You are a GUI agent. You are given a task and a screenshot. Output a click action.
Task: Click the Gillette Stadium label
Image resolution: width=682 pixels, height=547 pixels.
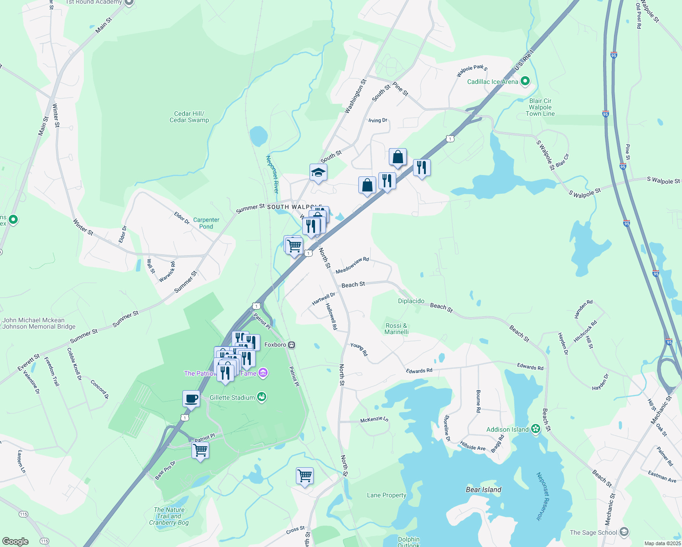[x=232, y=397]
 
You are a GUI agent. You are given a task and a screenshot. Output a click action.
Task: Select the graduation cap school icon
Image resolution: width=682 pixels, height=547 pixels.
[x=318, y=173]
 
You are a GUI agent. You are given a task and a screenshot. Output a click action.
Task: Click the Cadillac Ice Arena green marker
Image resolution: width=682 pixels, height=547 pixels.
[x=525, y=82]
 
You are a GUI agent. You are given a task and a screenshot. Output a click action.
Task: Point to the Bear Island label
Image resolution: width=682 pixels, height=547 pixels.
[x=483, y=490]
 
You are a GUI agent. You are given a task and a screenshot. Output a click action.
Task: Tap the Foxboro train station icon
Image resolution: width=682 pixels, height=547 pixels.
[x=291, y=345]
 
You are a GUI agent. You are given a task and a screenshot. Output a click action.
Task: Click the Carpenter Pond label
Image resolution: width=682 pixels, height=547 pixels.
[x=206, y=223]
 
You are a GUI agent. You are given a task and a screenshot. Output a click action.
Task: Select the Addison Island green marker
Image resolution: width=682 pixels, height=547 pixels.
[x=536, y=429]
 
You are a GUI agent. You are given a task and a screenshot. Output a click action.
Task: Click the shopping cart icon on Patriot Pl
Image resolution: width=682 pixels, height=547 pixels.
[x=201, y=450]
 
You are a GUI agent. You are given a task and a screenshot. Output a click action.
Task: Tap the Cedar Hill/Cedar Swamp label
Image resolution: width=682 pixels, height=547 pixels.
[x=189, y=117]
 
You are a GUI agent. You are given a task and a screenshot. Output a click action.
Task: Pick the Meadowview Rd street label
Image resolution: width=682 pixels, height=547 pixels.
[x=352, y=265]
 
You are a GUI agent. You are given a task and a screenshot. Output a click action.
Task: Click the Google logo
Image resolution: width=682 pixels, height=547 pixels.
[x=15, y=541]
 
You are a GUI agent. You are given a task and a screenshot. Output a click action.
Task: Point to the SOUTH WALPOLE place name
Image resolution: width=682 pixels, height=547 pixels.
[x=294, y=207]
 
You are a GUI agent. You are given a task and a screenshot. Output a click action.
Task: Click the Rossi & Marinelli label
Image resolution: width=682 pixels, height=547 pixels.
[x=396, y=329]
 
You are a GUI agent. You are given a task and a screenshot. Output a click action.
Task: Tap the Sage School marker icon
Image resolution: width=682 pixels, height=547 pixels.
[x=624, y=532]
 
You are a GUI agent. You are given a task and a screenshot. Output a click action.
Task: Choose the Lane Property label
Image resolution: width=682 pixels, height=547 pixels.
[x=387, y=495]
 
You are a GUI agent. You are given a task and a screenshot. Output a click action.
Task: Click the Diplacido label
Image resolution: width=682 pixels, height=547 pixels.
[x=411, y=301]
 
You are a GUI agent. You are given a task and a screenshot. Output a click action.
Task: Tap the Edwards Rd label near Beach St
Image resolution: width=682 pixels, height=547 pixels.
[x=530, y=366]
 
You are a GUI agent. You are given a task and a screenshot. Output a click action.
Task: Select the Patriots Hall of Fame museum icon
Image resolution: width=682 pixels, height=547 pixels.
[x=263, y=373]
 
